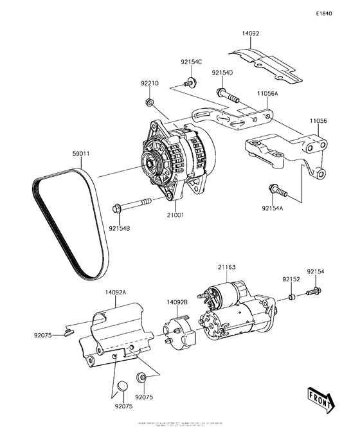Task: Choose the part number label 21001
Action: pyautogui.click(x=177, y=215)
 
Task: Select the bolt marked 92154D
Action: pyautogui.click(x=228, y=96)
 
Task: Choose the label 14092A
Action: pyautogui.click(x=116, y=292)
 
